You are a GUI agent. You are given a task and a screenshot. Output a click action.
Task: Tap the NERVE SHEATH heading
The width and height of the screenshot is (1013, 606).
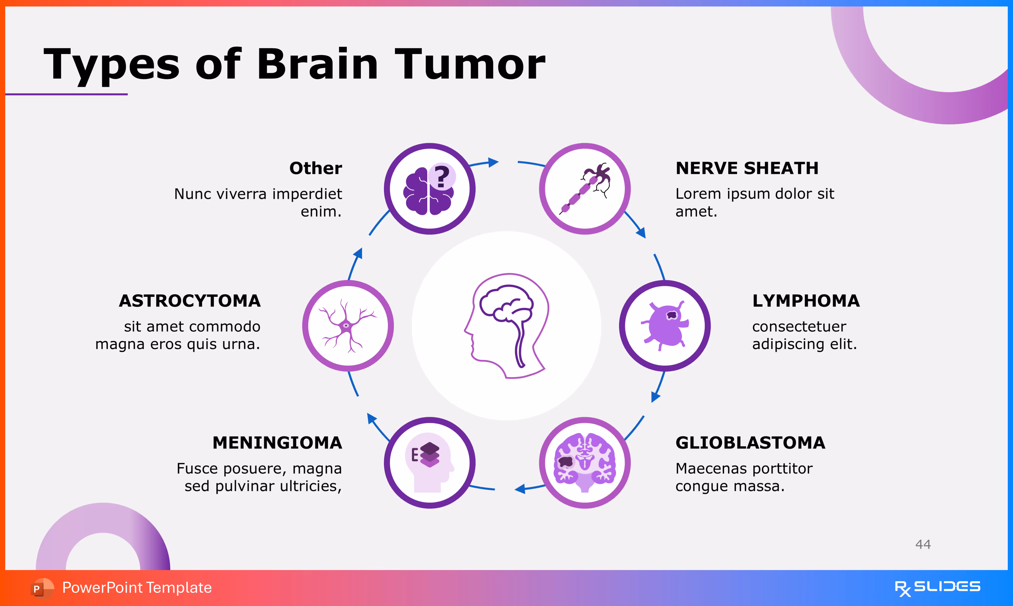(x=747, y=168)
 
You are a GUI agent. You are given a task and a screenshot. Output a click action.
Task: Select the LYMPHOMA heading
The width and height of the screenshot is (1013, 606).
(x=806, y=301)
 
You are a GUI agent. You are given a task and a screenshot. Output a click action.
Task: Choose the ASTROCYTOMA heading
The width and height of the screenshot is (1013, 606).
(x=190, y=301)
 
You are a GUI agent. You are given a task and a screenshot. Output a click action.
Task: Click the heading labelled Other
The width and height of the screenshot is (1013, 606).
(x=315, y=168)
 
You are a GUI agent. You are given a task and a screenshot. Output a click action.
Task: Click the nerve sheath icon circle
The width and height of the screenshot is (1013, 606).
(x=585, y=189)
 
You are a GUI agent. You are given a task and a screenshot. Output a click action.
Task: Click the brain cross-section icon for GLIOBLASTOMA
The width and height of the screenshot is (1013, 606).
(x=585, y=463)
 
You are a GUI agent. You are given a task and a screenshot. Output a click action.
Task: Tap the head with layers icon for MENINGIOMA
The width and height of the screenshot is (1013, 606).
(x=429, y=463)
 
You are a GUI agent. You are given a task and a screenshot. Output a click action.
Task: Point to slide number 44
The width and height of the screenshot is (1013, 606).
(x=923, y=544)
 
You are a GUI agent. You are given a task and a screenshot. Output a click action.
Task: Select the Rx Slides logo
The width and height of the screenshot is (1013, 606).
(x=937, y=588)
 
